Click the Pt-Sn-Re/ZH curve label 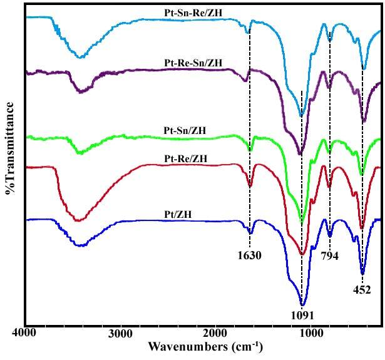click(x=193, y=13)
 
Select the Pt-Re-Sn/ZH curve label click(x=193, y=63)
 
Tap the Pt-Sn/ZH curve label click(x=185, y=130)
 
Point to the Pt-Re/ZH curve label click(x=186, y=159)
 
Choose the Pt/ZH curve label click(x=178, y=215)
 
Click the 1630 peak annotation click(x=249, y=255)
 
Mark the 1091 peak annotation click(x=302, y=316)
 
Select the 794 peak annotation click(x=329, y=256)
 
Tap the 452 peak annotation click(x=362, y=290)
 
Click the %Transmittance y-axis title click(x=9, y=148)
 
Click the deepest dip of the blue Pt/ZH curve click(x=302, y=305)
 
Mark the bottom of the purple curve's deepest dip click(x=300, y=154)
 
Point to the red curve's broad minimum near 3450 click(x=78, y=220)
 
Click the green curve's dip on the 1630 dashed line click(x=250, y=150)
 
